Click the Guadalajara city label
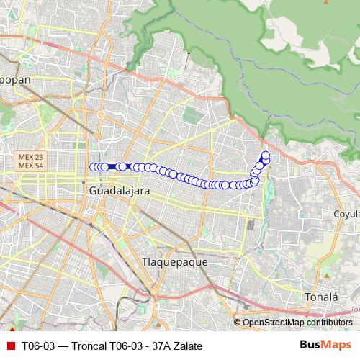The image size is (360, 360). [x=120, y=192]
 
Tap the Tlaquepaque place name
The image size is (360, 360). [x=175, y=262]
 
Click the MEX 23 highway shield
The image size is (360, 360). [x=30, y=157]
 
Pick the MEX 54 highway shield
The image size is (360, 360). [x=30, y=166]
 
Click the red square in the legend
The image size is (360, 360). [x=10, y=346]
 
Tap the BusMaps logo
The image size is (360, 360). [x=325, y=346]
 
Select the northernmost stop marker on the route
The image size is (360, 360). [x=266, y=156]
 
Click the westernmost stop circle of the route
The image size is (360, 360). [x=92, y=167]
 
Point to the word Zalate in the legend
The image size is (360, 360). [x=187, y=346]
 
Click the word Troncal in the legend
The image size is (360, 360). [x=85, y=346]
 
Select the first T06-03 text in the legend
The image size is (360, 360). [x=37, y=346]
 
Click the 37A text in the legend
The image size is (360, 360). [x=158, y=346]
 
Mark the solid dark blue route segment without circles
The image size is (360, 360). [x=114, y=166]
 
